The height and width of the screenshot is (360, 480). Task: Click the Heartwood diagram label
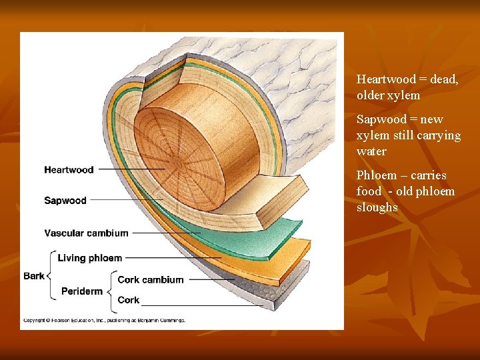(69, 169)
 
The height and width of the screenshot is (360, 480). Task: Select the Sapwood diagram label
(65, 201)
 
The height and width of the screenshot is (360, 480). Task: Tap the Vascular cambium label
(86, 233)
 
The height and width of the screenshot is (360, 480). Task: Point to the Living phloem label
(89, 258)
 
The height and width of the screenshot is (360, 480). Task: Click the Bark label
(34, 275)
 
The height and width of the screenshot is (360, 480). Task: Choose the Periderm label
(81, 291)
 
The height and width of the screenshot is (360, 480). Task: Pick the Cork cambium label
(150, 280)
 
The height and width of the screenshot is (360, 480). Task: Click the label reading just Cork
(128, 300)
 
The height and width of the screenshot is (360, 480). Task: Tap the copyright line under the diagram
(104, 320)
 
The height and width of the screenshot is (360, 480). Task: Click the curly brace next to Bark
(49, 274)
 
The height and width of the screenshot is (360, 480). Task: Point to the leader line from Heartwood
(130, 169)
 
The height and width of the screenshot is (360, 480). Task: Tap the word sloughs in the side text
(377, 207)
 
